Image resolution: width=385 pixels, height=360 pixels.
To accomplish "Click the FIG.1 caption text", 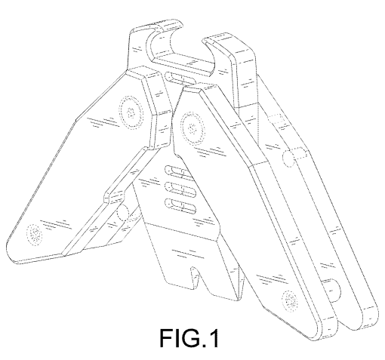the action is [x=189, y=337].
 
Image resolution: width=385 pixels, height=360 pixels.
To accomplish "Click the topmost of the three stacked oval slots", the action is [x=180, y=172].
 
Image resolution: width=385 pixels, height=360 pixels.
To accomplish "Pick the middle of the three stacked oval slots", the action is [x=180, y=189].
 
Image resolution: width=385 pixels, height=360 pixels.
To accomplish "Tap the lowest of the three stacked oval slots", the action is [x=180, y=205].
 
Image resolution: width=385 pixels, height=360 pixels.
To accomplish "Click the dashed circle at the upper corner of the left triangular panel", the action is [x=131, y=112].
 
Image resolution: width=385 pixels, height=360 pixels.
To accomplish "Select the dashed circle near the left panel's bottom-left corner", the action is [x=35, y=235].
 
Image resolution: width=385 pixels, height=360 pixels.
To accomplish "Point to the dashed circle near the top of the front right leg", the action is [x=192, y=129].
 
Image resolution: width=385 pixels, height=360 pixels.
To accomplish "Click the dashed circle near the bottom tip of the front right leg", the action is [x=290, y=300].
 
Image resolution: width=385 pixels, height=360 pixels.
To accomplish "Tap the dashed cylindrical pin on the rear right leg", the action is [x=294, y=157].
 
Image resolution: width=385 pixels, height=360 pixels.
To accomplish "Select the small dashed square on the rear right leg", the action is [x=276, y=119].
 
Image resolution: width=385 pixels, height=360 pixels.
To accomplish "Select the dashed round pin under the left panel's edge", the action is [x=124, y=213].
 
